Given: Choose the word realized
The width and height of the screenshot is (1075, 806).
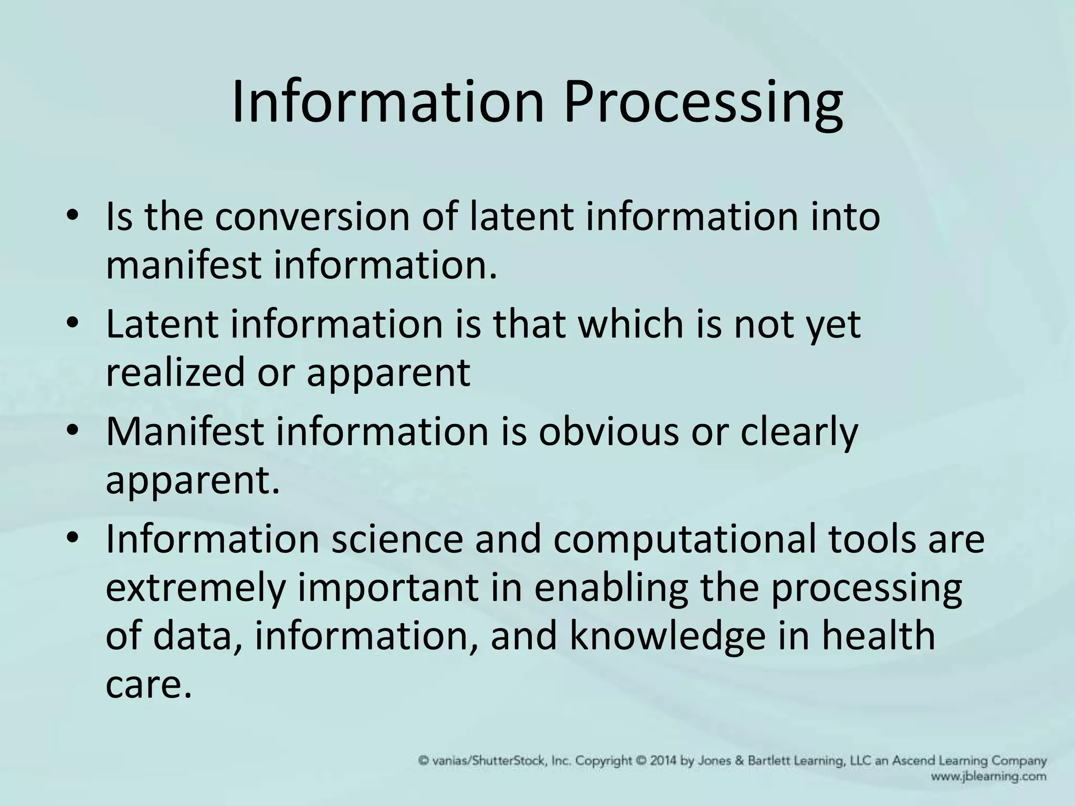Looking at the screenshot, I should coord(175,372).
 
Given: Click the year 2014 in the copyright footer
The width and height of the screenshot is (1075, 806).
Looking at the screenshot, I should coord(666,761).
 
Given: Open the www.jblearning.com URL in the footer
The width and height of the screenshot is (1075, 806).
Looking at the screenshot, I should coord(989,777).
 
